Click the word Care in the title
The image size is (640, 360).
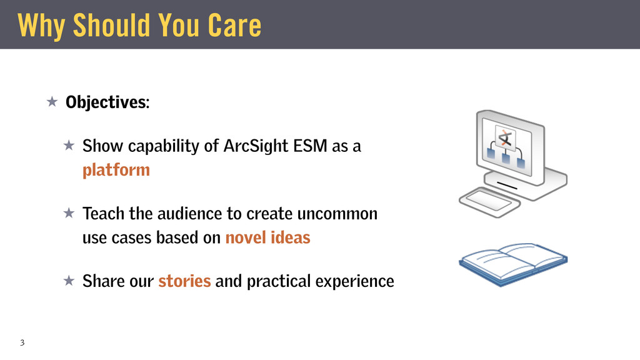tap(234, 25)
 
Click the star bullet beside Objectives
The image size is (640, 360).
tap(52, 101)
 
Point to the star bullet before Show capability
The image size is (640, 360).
tap(69, 145)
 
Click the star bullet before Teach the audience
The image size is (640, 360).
tap(69, 213)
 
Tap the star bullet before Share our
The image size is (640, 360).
tap(69, 281)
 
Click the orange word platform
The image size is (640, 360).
tap(116, 171)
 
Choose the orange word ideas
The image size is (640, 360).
tap(290, 237)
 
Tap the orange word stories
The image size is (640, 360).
tap(184, 281)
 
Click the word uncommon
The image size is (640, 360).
tap(337, 214)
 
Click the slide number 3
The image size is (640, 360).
tap(22, 342)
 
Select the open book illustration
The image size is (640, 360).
tap(513, 264)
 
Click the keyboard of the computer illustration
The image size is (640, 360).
tap(489, 202)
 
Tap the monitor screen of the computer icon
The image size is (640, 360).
tap(506, 147)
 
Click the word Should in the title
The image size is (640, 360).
tap(112, 25)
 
